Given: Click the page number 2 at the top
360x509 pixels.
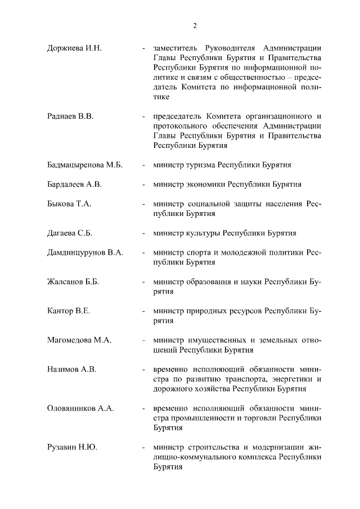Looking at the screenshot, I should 195,25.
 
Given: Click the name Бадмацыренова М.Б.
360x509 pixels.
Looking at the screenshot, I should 84,165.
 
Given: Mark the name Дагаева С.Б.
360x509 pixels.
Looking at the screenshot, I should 71,233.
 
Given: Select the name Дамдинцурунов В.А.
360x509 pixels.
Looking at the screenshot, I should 85,253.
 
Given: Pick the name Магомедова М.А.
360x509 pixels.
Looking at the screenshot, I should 80,340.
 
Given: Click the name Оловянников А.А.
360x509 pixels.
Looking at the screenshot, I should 80,408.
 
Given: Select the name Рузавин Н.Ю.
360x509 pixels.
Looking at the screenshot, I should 72,447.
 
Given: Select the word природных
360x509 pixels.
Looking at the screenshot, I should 208,310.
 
